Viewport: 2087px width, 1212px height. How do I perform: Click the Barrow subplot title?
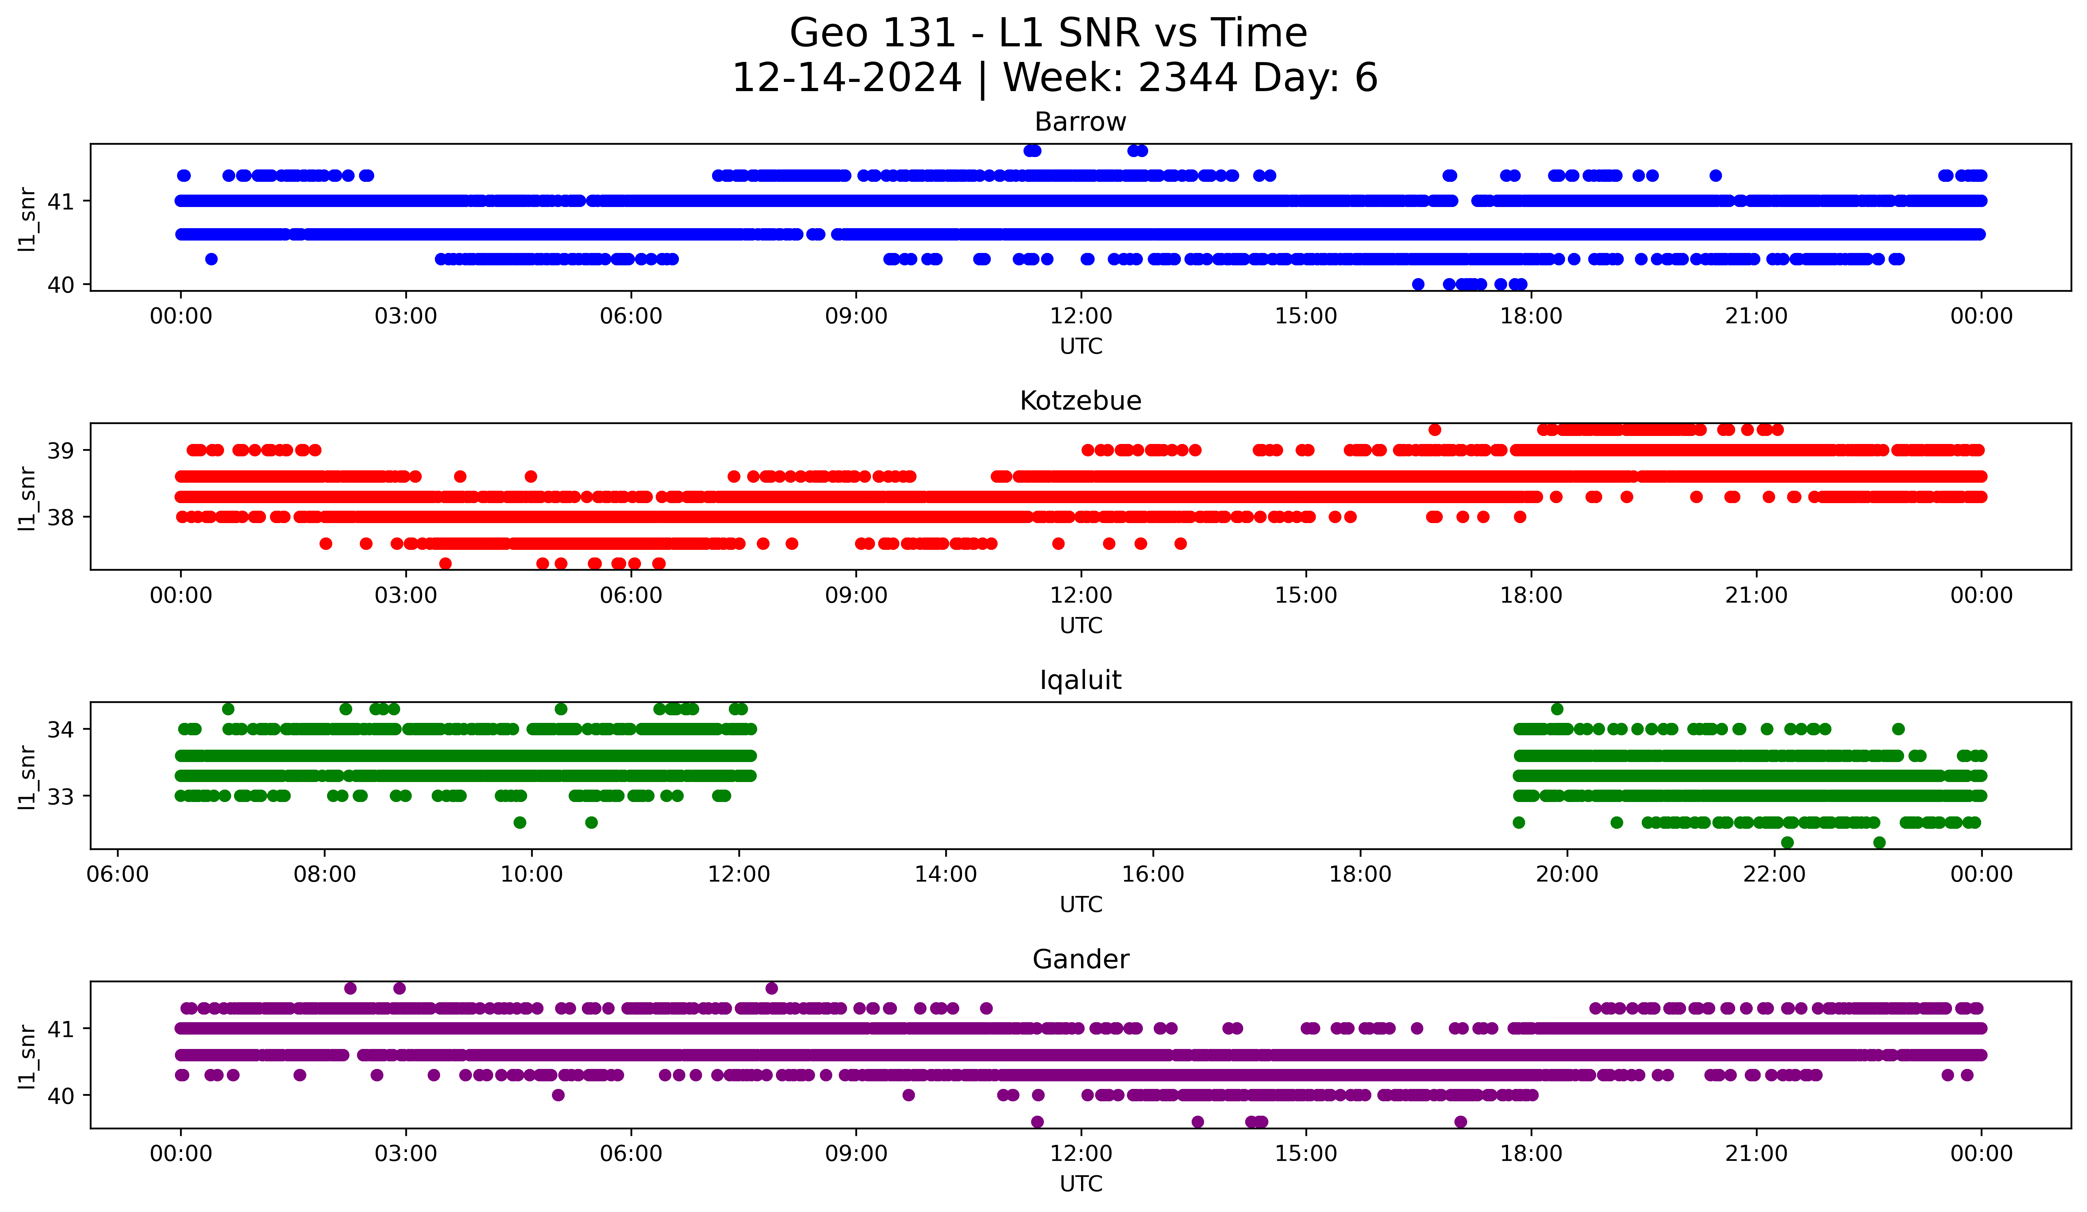pyautogui.click(x=1080, y=122)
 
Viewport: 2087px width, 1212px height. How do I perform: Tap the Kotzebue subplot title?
pyautogui.click(x=1080, y=401)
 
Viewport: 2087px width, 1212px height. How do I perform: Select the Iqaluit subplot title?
pyautogui.click(x=1080, y=680)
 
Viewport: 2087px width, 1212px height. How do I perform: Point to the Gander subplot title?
pyautogui.click(x=1080, y=959)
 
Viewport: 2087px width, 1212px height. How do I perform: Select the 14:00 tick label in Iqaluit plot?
pyautogui.click(x=946, y=874)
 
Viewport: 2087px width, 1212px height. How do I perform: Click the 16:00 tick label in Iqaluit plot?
pyautogui.click(x=1153, y=874)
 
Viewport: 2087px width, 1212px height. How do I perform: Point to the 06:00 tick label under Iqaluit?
pyautogui.click(x=117, y=874)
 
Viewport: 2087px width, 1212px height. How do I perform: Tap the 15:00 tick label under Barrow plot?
pyautogui.click(x=1306, y=316)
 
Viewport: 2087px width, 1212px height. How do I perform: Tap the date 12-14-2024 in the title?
pyautogui.click(x=846, y=78)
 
